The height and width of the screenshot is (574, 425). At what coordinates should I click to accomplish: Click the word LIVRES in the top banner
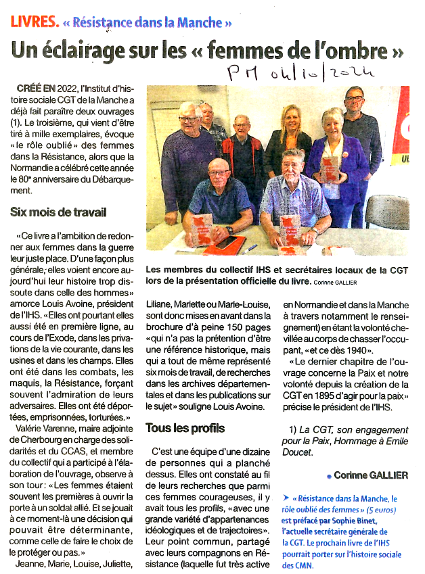(33, 22)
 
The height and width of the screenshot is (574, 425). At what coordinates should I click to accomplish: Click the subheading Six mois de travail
(58, 212)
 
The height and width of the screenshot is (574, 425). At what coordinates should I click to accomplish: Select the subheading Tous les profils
(185, 428)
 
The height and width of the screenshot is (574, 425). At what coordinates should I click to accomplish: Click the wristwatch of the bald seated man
(229, 231)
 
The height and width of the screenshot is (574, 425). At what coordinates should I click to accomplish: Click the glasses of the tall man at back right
(354, 99)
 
